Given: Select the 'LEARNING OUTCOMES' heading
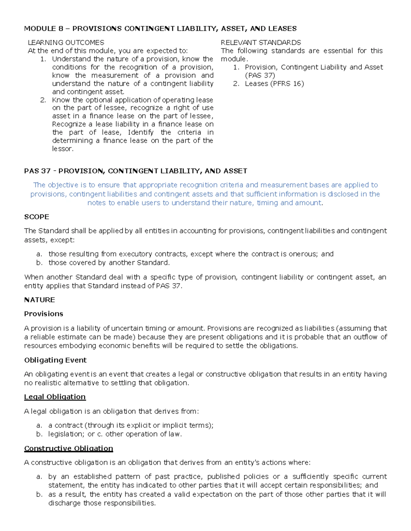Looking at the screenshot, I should click(x=66, y=42).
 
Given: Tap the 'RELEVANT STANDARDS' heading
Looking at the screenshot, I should click(x=261, y=42).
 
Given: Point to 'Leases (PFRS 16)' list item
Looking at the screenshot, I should click(x=274, y=83).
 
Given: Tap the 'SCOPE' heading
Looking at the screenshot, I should click(x=37, y=217).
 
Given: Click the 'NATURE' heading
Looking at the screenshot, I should click(x=39, y=300).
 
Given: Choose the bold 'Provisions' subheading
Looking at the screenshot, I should click(x=43, y=314).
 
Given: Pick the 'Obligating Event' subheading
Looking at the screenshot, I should click(x=55, y=360).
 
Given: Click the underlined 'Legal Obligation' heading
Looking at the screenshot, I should click(x=55, y=397).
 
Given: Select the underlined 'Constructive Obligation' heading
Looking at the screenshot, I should click(x=68, y=448).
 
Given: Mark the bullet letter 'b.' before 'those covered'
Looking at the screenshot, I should click(x=39, y=263).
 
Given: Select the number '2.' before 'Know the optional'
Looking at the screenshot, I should click(x=43, y=100).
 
